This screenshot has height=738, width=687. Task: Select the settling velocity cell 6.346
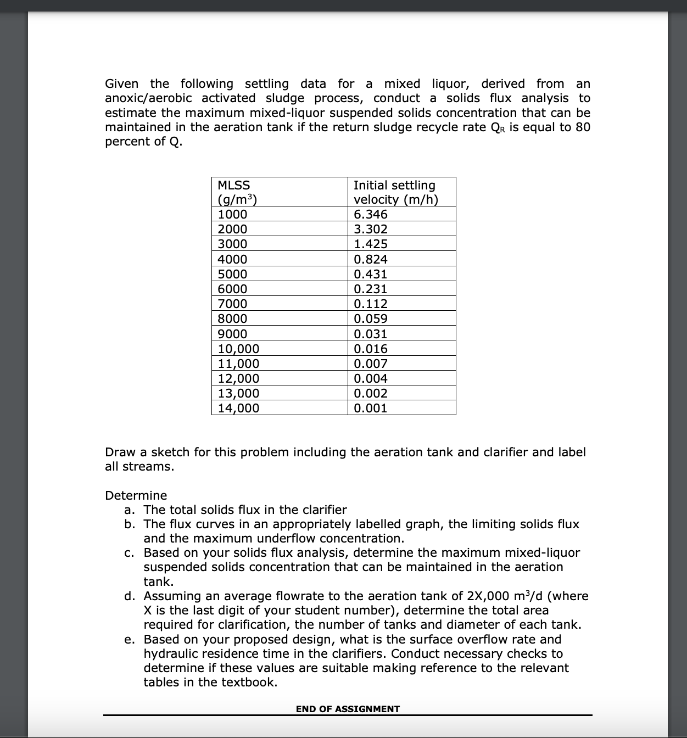[371, 214]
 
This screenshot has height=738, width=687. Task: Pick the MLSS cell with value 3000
[233, 244]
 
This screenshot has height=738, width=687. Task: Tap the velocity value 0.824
[371, 259]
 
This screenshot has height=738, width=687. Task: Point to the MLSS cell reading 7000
[233, 304]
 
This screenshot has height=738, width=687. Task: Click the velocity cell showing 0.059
[371, 318]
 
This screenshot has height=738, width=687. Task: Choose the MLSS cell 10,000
[239, 349]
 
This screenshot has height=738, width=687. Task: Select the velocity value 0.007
[371, 364]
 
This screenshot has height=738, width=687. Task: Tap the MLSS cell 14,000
[239, 408]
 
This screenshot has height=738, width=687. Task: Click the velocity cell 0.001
[371, 408]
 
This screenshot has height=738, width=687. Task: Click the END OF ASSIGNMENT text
[348, 709]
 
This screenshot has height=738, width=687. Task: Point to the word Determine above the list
[136, 495]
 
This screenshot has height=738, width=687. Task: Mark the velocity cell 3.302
[371, 229]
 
